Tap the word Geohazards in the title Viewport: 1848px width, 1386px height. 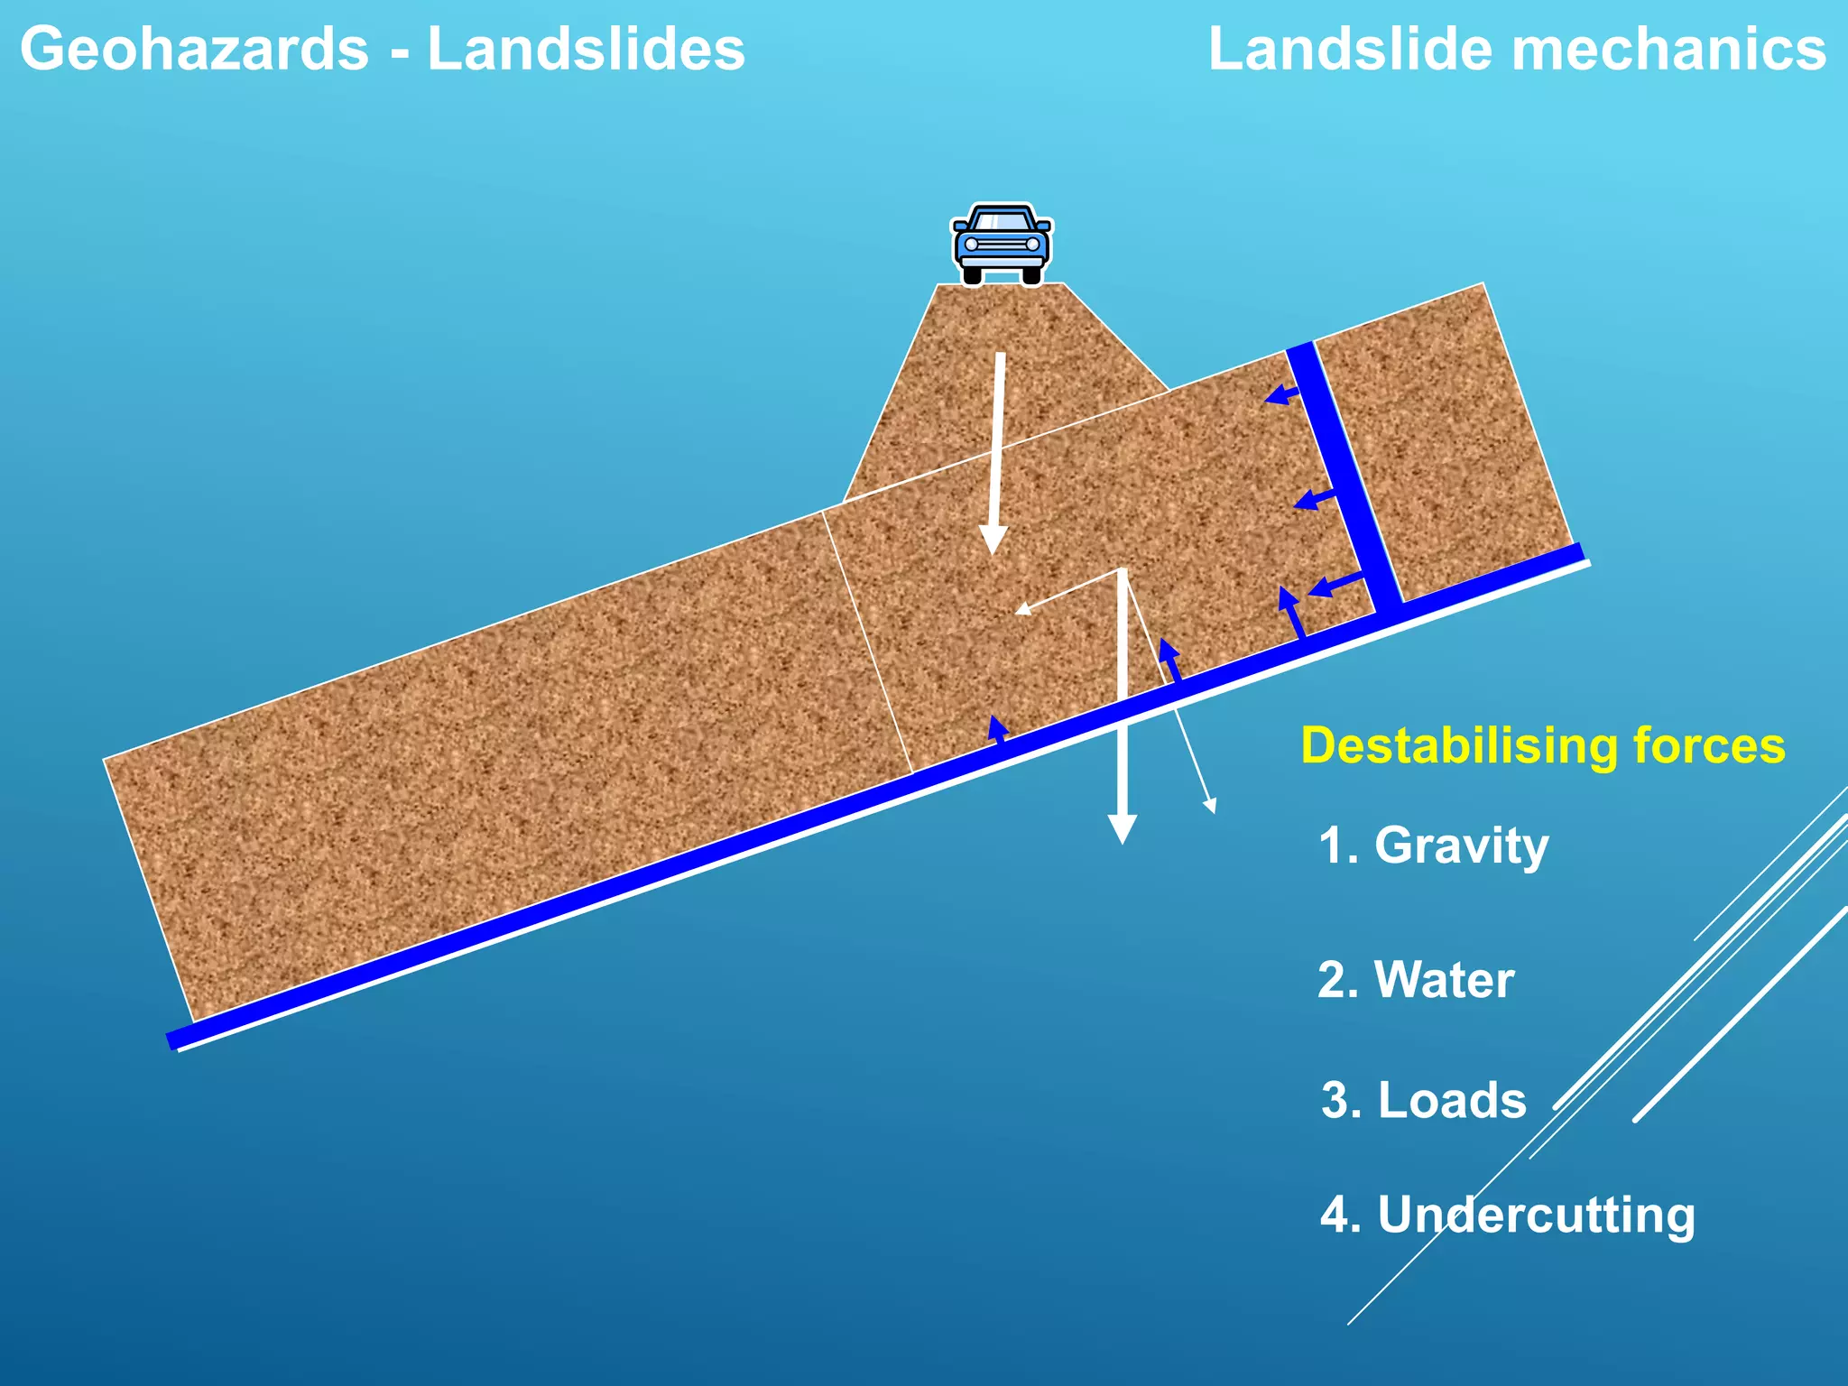click(x=194, y=49)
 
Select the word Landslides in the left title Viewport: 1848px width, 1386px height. click(x=586, y=49)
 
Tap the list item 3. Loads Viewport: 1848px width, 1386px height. click(x=1423, y=1101)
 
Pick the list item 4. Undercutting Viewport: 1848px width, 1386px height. click(x=1507, y=1215)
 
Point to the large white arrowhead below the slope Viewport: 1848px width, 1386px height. click(x=1122, y=828)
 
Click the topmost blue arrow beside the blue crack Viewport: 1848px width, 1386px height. click(x=1279, y=394)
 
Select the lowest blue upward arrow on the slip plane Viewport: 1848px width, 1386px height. click(x=997, y=727)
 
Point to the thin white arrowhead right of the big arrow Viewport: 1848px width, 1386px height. click(x=1210, y=804)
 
